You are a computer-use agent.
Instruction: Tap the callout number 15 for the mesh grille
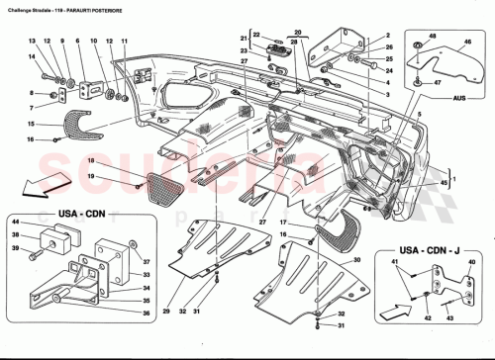coord(31,123)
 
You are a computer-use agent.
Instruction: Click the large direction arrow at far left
coord(44,183)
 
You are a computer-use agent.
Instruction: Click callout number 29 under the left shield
coord(165,313)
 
